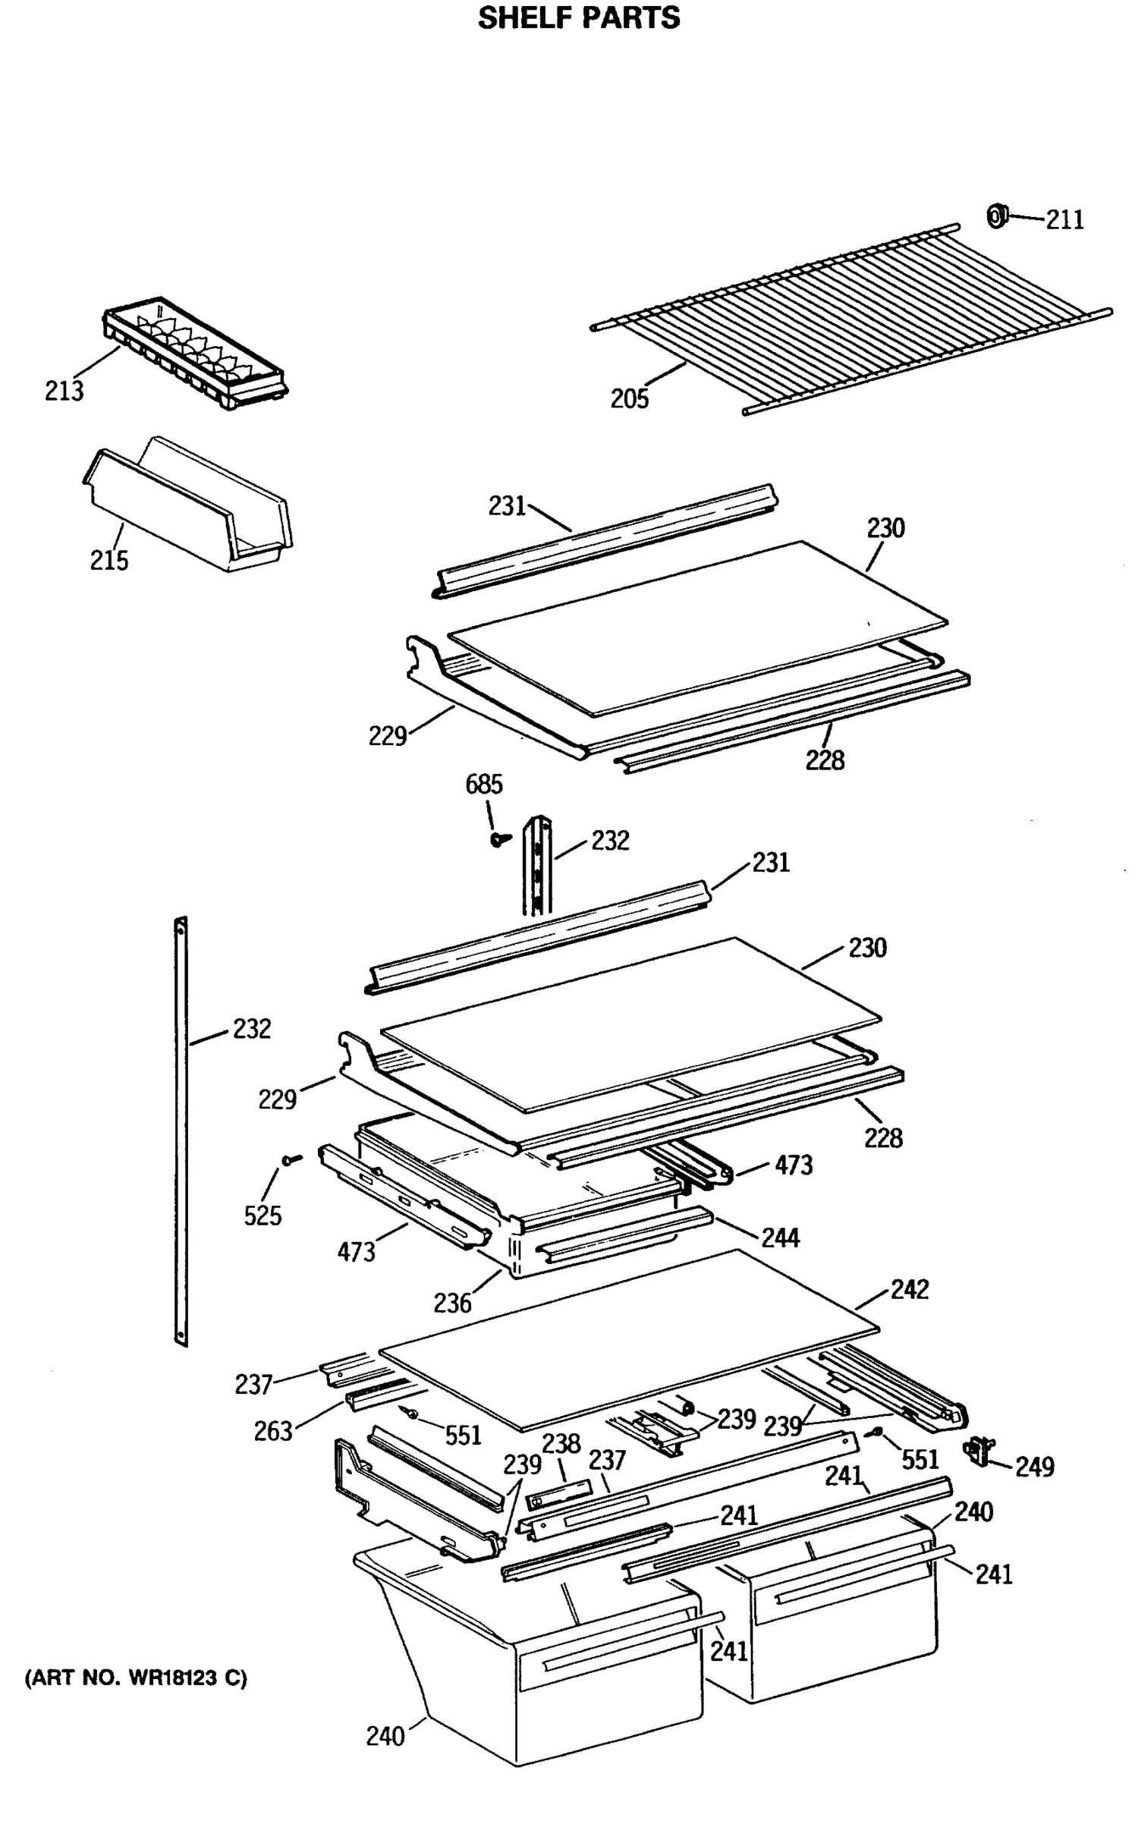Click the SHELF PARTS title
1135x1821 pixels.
coord(578,18)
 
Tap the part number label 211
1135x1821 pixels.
coord(1064,220)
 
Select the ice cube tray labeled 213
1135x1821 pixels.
coord(194,354)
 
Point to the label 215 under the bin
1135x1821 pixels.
coord(109,561)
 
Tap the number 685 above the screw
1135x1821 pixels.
coord(484,785)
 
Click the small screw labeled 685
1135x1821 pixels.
coord(498,839)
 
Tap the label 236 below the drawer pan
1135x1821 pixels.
coord(452,1303)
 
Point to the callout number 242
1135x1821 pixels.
coord(909,1289)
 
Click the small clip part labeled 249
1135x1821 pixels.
coord(979,1451)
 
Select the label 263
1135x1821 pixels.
coord(273,1432)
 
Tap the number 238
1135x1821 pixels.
coord(561,1443)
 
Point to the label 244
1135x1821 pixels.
coord(781,1238)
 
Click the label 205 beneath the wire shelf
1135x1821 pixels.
coord(630,398)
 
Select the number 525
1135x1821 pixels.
coord(263,1216)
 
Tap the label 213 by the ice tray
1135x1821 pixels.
coord(64,392)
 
